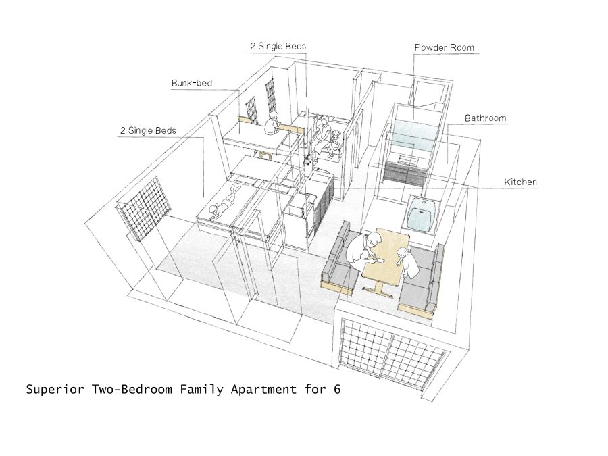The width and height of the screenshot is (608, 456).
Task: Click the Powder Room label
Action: (444, 48)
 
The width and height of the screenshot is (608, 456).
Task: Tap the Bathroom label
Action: (485, 118)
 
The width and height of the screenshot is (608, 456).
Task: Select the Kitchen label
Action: (520, 182)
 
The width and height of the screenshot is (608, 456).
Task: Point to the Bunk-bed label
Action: (192, 83)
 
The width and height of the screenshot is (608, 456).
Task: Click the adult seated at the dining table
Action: (362, 248)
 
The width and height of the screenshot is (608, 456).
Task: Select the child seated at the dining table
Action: (407, 261)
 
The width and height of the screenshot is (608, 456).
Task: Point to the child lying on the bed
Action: (224, 204)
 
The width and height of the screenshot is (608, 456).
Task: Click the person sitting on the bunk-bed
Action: (272, 124)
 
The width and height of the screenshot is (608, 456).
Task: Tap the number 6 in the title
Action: (336, 389)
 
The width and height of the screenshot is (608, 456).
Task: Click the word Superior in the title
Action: (55, 389)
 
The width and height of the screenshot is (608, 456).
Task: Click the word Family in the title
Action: (201, 389)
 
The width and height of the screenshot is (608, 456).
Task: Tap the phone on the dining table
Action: (381, 261)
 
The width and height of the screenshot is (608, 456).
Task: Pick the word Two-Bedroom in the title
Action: (132, 389)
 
